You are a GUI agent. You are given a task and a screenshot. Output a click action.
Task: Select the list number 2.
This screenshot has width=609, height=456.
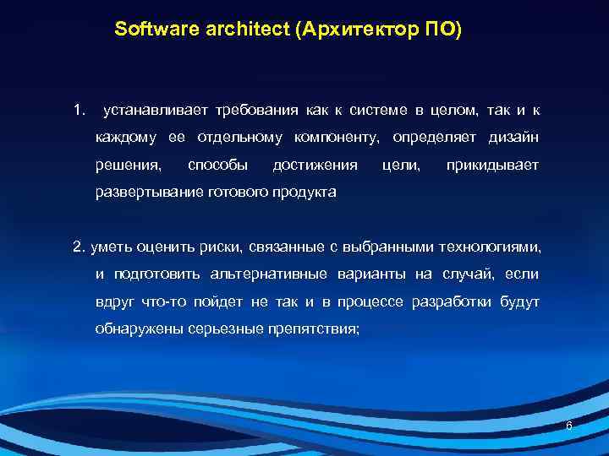tap(79, 247)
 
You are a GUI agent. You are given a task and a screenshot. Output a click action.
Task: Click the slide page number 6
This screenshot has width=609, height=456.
tap(568, 426)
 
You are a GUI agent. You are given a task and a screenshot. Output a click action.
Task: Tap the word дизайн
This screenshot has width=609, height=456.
tap(513, 138)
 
